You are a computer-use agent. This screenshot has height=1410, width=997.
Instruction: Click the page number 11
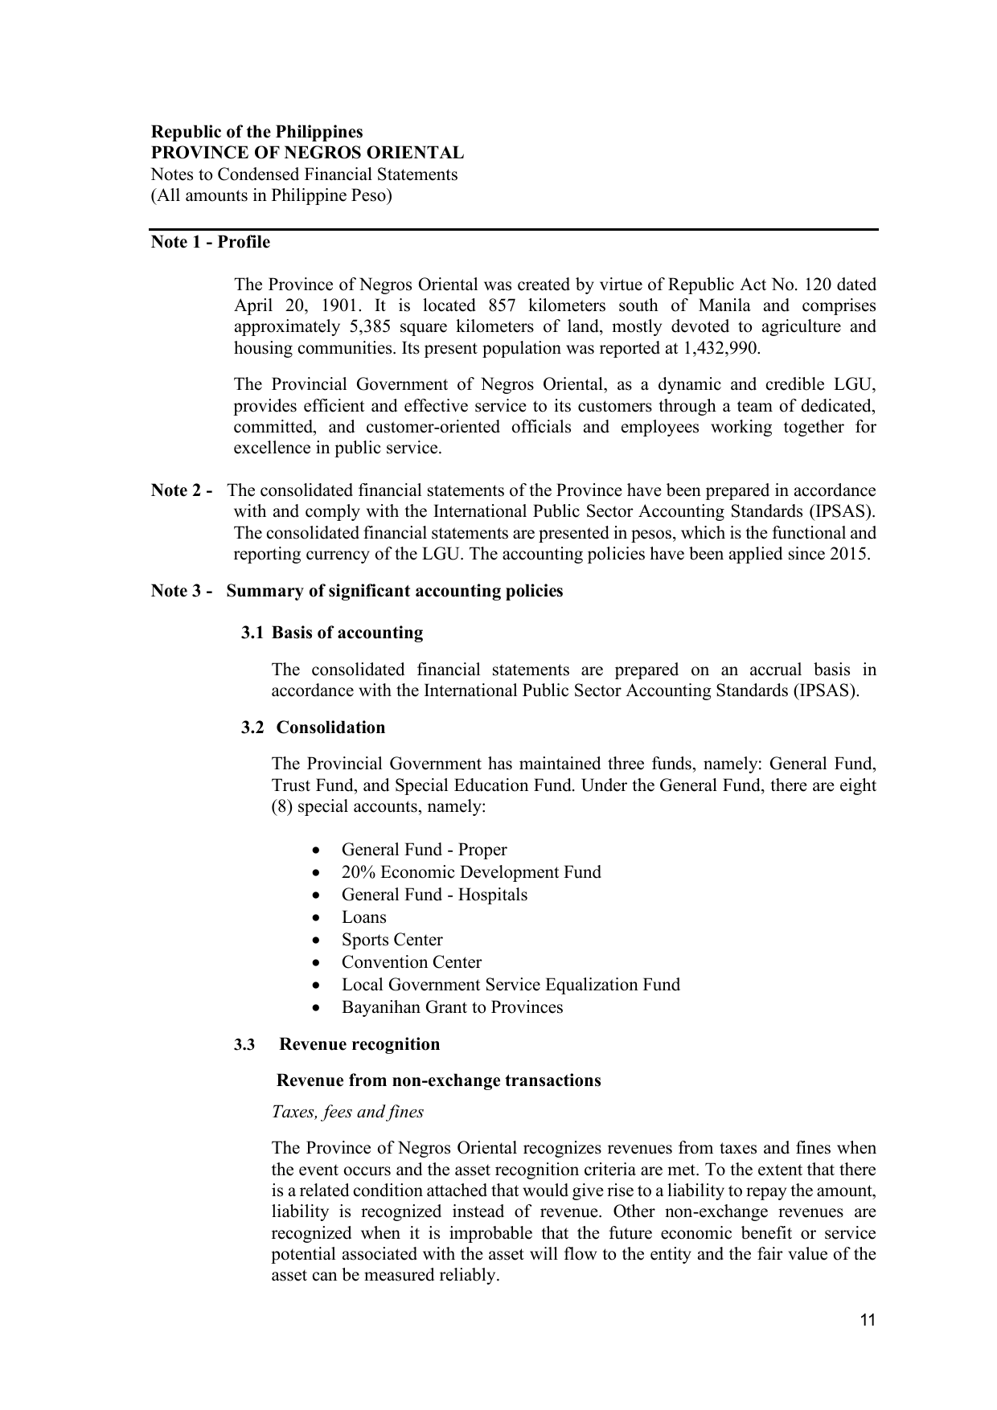868,1320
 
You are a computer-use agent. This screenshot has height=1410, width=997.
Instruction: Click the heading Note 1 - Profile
211,242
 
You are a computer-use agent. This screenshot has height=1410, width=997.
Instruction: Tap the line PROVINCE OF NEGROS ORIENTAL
308,153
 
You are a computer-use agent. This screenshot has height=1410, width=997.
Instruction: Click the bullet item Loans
363,917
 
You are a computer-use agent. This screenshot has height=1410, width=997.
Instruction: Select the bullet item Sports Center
392,940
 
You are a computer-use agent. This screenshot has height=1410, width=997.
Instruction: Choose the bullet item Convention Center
411,962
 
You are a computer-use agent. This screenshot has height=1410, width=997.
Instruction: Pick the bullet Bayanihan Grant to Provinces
452,1007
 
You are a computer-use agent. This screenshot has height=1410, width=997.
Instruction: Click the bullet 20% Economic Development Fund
470,872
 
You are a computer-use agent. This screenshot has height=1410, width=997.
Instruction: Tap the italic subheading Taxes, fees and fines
347,1112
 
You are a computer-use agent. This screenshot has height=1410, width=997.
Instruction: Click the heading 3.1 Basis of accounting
332,633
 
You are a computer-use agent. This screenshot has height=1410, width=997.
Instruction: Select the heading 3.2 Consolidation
314,728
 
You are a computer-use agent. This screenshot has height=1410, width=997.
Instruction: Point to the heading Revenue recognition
359,1044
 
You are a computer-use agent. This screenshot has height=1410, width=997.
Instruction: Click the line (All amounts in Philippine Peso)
272,195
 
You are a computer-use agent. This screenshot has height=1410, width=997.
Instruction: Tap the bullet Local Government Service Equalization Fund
511,985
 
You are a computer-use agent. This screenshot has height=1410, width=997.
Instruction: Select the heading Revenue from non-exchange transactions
438,1080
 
